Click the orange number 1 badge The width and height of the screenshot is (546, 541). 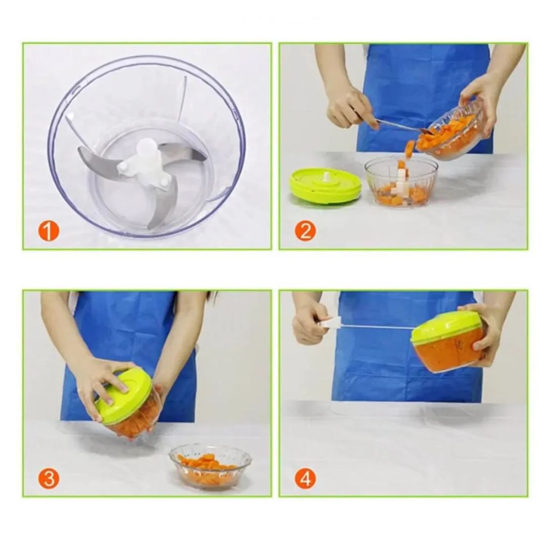pos(49,231)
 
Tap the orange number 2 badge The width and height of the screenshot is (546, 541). pos(305,231)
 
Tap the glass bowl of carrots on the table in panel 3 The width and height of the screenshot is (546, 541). pos(210,466)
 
